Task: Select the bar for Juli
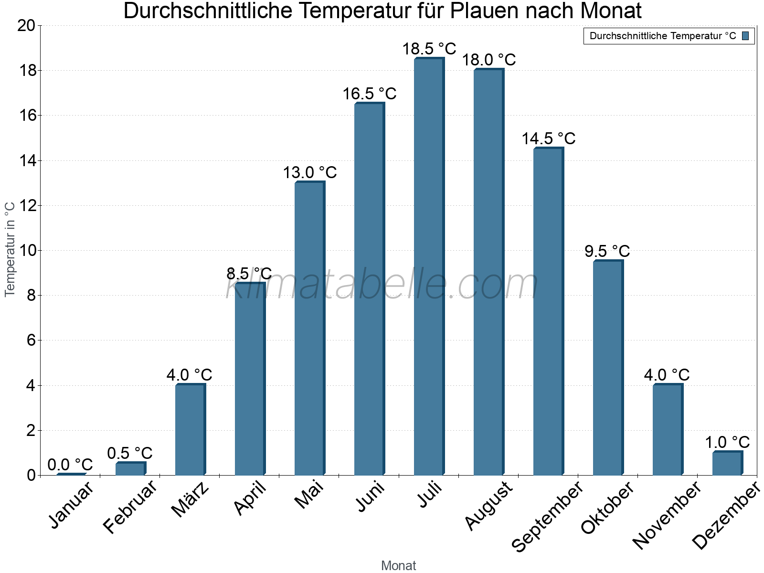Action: (x=429, y=267)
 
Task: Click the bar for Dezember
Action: (x=727, y=463)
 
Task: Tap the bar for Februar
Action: (x=130, y=469)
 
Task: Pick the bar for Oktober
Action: (x=608, y=368)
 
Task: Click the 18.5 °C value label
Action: (x=429, y=49)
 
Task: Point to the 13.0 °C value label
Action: (x=309, y=172)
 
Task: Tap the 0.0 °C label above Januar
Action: (x=70, y=465)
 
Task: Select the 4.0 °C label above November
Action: (x=667, y=375)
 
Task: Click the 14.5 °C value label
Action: (x=548, y=138)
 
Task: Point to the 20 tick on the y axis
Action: (x=26, y=26)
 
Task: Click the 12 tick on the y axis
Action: (x=26, y=206)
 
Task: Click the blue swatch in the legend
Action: (x=745, y=36)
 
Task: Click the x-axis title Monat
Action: (x=398, y=565)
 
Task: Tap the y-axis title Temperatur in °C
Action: (x=10, y=249)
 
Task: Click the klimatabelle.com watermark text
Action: (x=382, y=285)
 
